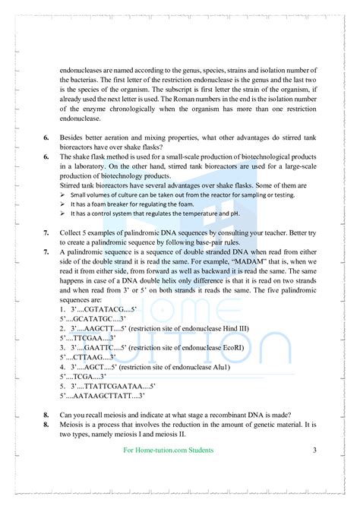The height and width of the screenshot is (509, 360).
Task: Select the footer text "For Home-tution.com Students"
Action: [x=168, y=451]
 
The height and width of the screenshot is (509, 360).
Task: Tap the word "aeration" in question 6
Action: [x=130, y=137]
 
